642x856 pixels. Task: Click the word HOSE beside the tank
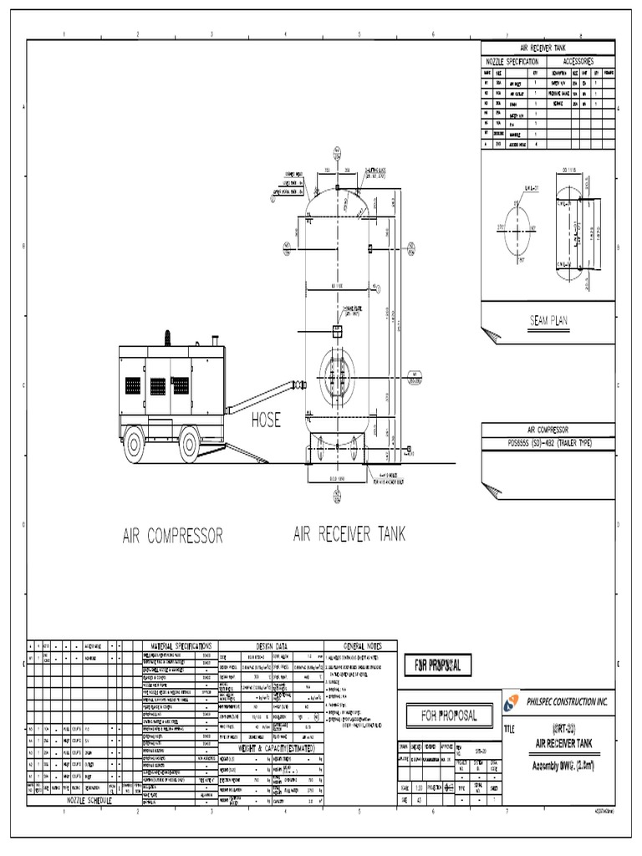point(267,420)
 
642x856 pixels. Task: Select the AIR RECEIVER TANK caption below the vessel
point(349,535)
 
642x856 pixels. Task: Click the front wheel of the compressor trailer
point(190,446)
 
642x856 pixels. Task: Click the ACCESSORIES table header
point(578,63)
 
